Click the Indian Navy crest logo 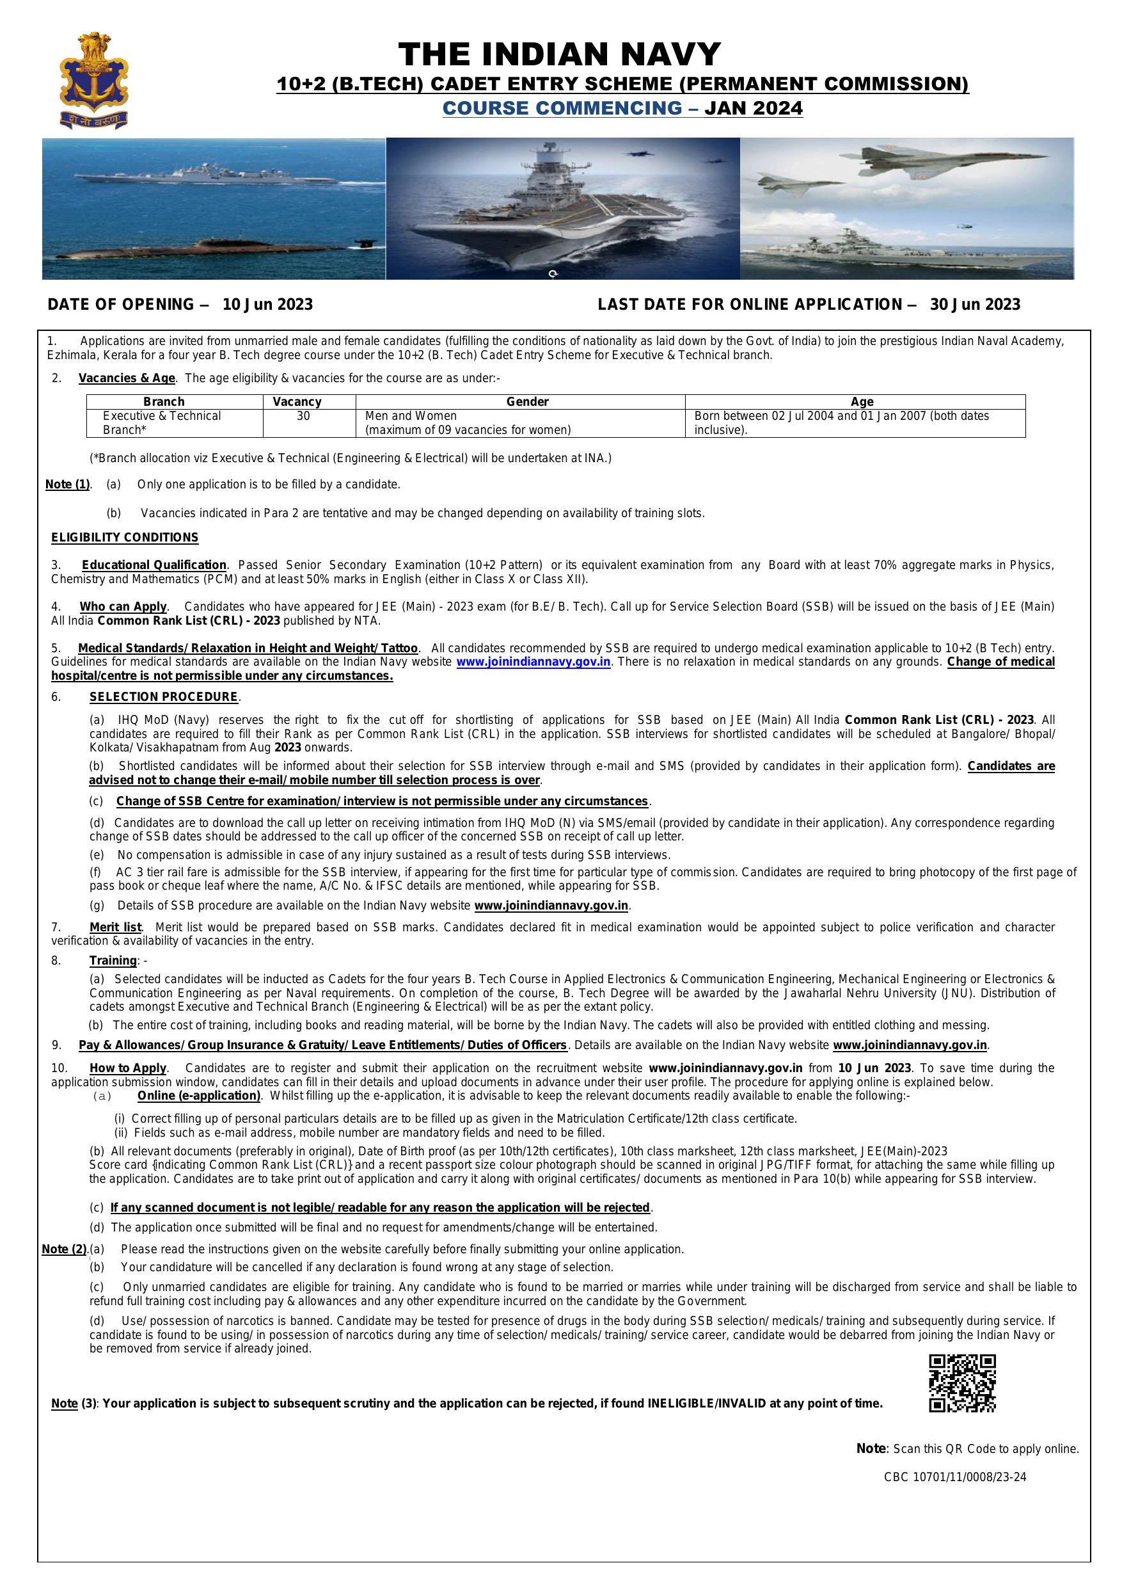point(94,79)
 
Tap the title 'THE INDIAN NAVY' point(559,54)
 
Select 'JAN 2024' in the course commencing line point(754,109)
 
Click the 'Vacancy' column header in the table point(297,402)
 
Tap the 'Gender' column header point(528,402)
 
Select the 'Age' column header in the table point(862,402)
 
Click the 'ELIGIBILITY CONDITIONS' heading point(125,538)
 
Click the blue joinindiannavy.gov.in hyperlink point(533,662)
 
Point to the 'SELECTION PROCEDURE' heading point(163,696)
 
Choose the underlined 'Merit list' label point(115,927)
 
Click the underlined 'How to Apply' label point(128,1068)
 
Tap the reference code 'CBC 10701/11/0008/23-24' point(954,1477)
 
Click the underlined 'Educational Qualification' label point(154,565)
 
